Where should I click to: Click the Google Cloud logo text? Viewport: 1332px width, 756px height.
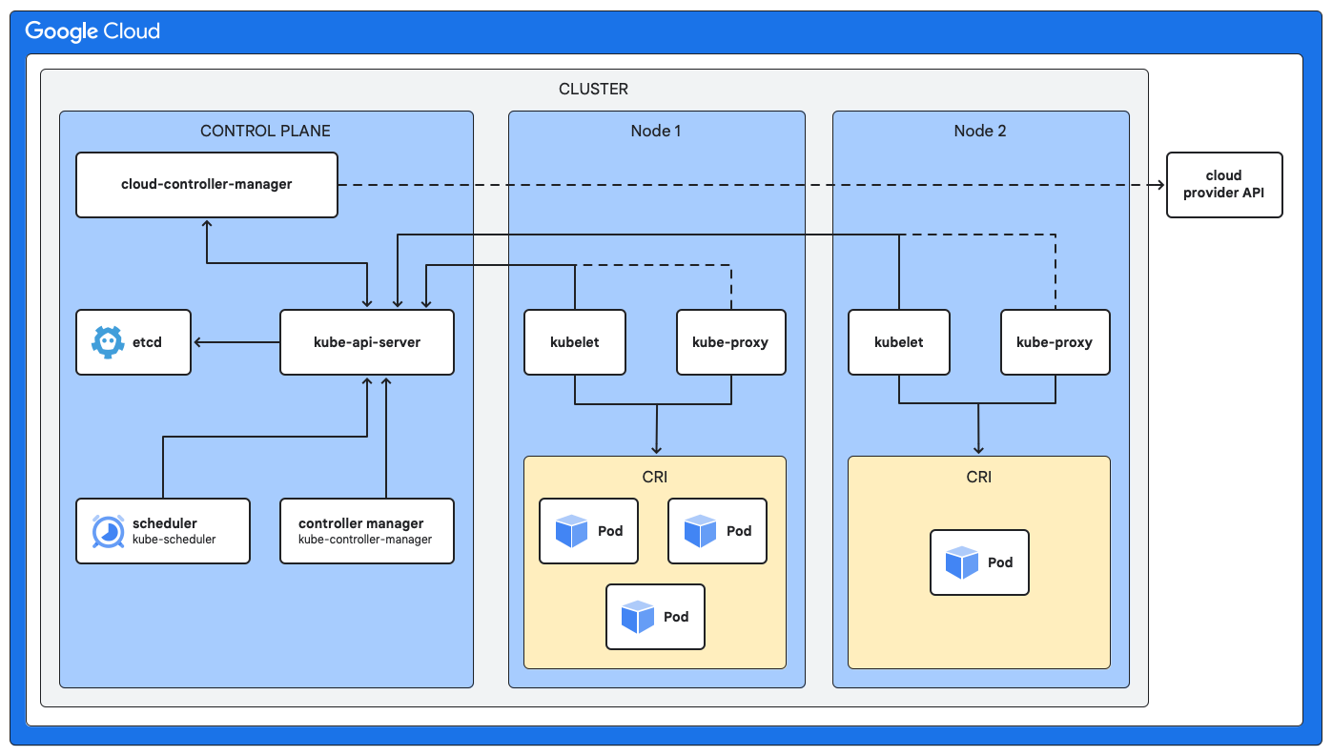coord(92,31)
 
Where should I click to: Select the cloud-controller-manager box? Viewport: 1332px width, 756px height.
coord(207,184)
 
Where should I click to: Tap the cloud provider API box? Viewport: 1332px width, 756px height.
coord(1224,184)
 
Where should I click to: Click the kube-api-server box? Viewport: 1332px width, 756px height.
coord(367,342)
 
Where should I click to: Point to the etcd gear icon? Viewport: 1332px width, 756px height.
coord(108,341)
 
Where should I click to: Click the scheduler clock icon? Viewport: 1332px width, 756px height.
coord(108,531)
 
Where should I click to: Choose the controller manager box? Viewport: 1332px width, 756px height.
coord(367,531)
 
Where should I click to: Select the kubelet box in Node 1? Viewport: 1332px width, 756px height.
coord(575,342)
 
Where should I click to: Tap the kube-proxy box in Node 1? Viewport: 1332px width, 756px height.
coord(731,342)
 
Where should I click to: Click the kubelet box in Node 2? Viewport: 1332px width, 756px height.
coord(899,342)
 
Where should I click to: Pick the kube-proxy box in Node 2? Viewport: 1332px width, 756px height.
coord(1055,342)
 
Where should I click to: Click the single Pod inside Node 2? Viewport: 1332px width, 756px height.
coord(979,562)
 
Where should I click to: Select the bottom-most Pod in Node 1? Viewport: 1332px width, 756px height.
coord(655,617)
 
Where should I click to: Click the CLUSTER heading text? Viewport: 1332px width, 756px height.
coord(593,89)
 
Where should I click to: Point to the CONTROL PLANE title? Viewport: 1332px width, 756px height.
coord(265,131)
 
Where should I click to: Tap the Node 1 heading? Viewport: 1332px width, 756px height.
coord(656,131)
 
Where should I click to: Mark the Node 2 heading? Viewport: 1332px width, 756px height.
coord(980,131)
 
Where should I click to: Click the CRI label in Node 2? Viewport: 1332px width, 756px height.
coord(979,477)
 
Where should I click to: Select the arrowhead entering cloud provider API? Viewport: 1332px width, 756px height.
coord(1160,184)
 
